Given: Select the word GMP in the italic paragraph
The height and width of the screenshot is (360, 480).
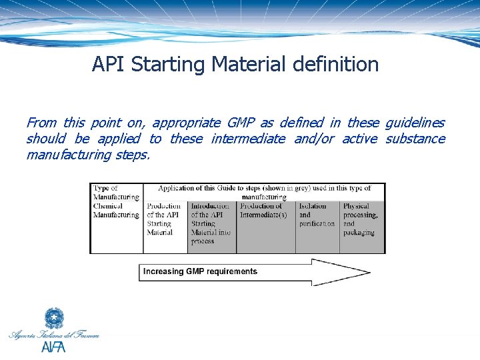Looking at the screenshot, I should coord(241,123).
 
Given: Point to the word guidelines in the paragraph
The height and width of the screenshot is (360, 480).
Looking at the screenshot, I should coord(415,123).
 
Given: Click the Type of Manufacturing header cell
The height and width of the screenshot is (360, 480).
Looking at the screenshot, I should coord(116,192).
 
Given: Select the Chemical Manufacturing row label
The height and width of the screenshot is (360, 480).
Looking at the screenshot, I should coord(116,211).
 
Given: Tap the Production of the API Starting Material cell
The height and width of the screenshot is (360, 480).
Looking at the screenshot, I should coord(165,219).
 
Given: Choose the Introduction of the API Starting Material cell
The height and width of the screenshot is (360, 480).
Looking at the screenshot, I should coord(211,224).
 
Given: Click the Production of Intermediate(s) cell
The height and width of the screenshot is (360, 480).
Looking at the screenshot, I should coord(265,211).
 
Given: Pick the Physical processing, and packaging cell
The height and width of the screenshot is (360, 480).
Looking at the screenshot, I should coord(361,219).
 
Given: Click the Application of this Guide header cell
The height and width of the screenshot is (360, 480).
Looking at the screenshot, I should coord(264,192).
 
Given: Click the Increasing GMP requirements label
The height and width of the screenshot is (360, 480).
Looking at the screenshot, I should coord(200,271).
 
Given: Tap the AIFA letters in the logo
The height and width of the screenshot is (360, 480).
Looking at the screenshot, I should coord(53,347).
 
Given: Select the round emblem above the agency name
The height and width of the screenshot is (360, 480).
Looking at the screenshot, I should coord(54,318).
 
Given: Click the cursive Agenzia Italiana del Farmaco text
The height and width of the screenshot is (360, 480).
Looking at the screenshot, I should coord(54,335).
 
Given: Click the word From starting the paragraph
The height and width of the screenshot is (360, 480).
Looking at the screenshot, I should coord(41,123).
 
